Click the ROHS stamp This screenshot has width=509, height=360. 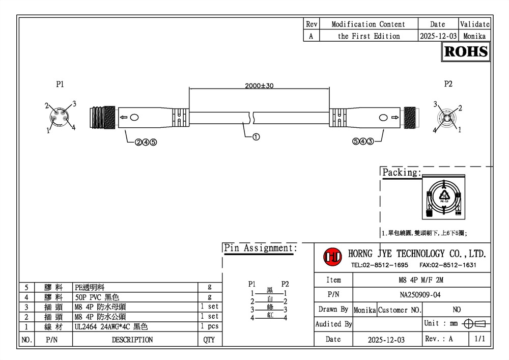(466, 51)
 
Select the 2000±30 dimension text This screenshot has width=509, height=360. (259, 86)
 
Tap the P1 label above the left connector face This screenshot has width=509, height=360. (60, 84)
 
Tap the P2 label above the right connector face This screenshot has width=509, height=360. (448, 84)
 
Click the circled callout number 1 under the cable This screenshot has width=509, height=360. (256, 136)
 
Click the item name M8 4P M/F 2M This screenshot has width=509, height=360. (421, 280)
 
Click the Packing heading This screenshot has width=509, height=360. (402, 173)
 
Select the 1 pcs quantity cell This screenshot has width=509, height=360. (209, 326)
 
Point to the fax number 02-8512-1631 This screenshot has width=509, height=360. (448, 265)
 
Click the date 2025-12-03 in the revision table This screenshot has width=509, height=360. (438, 36)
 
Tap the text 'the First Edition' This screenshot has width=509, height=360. (369, 36)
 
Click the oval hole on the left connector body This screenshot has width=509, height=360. (134, 118)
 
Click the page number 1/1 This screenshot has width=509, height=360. (479, 339)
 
